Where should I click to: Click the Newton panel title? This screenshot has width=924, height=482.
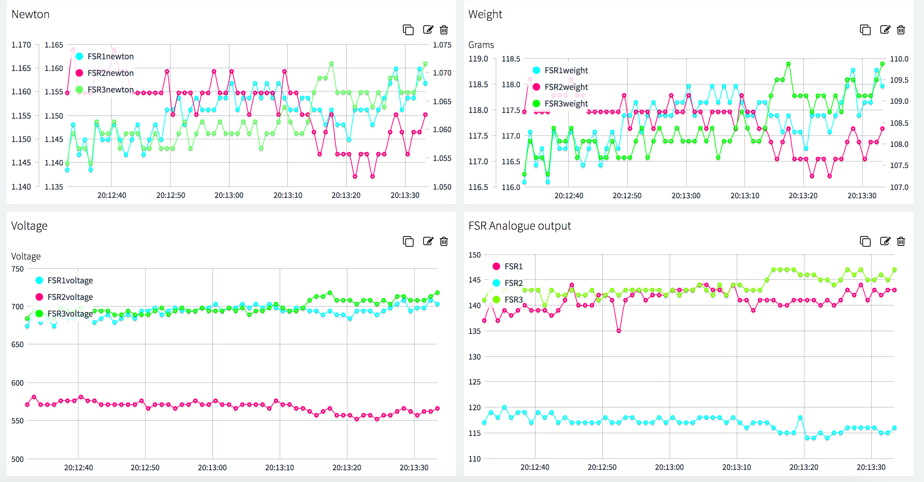click(x=30, y=14)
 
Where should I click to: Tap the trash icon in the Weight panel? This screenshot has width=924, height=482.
click(x=901, y=30)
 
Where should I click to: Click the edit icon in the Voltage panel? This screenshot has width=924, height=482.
click(x=428, y=241)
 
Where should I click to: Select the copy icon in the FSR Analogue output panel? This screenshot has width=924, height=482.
click(x=865, y=241)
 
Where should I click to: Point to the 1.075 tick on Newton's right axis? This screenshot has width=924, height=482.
click(x=442, y=45)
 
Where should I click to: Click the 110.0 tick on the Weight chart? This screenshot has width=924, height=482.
click(x=899, y=59)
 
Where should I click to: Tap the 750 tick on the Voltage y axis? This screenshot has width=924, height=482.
click(x=17, y=269)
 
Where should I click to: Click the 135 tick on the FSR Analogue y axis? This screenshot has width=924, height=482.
click(x=474, y=331)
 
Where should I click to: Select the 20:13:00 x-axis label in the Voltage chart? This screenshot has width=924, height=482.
click(x=212, y=468)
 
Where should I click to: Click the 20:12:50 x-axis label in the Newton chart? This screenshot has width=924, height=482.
click(x=171, y=195)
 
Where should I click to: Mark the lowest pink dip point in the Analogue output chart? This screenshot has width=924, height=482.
click(x=619, y=331)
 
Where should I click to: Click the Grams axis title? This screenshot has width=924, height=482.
click(x=481, y=45)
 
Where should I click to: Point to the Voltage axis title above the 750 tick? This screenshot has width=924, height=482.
click(x=26, y=256)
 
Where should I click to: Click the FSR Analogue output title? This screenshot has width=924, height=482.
click(x=519, y=226)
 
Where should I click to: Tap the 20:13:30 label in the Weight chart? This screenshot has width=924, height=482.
click(x=862, y=196)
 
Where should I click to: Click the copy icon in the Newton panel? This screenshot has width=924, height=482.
click(x=408, y=30)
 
